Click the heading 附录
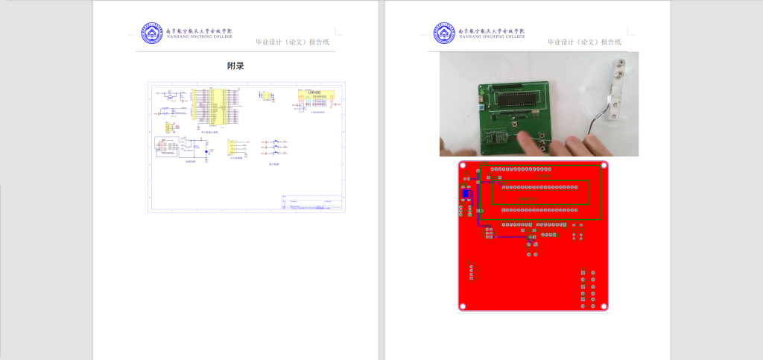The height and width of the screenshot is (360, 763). pos(235,66)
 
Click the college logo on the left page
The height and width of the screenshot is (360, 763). pos(151,34)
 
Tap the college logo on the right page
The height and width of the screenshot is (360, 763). pos(443,34)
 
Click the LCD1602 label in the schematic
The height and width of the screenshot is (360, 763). pos(313,94)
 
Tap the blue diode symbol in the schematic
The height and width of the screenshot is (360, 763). pos(206,152)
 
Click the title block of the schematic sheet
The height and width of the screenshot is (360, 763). pos(312,203)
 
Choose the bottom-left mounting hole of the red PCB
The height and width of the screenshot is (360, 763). pos(463,306)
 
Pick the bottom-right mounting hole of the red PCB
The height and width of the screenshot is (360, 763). pos(605,306)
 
